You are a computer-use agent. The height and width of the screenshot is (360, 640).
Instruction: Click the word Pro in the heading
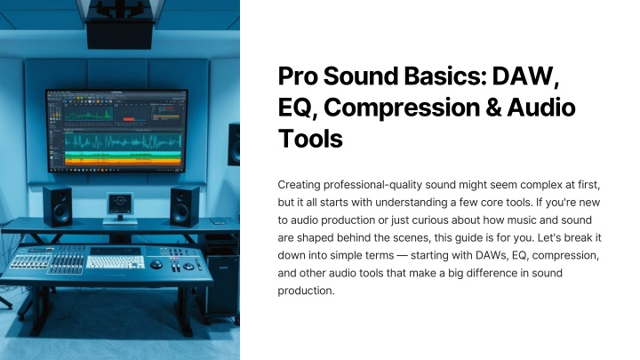298,76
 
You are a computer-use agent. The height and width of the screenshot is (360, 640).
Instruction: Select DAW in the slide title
525,76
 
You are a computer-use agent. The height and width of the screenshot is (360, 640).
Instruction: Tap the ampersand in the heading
493,108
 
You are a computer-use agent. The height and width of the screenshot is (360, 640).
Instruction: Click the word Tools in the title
310,139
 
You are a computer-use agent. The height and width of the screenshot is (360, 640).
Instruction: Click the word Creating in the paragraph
299,185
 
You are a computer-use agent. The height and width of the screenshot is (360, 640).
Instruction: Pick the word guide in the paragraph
480,238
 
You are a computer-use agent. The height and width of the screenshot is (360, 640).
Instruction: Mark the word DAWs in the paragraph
492,255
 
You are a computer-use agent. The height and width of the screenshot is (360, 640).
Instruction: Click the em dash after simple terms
402,256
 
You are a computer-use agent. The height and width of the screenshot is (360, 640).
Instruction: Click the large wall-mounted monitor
116,131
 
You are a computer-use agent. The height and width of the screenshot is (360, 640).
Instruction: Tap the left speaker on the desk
58,205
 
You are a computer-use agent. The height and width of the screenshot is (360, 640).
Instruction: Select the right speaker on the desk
185,205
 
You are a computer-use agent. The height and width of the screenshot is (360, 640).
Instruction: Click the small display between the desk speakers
120,204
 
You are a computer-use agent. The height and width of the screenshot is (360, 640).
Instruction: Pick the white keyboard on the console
116,261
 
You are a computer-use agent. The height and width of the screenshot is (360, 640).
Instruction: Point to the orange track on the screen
123,162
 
